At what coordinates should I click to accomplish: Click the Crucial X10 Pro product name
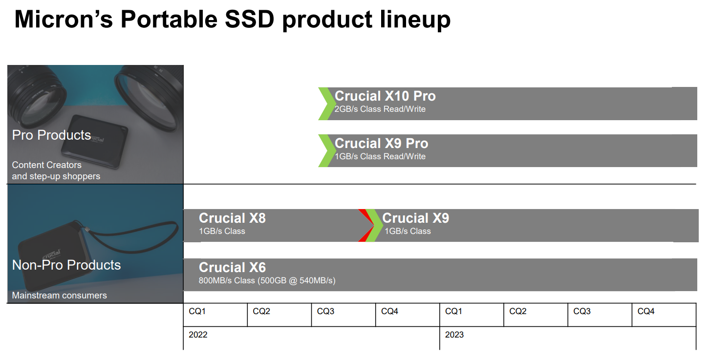coord(385,96)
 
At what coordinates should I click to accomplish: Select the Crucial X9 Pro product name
coord(382,143)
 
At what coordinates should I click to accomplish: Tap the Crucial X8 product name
coord(232,218)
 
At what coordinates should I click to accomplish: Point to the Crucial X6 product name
coord(232,267)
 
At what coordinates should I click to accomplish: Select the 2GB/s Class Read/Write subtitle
coord(380,109)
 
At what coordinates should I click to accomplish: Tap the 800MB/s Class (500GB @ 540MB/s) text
coord(267,280)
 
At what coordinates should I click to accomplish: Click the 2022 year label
coord(198,335)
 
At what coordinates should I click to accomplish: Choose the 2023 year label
coord(454,335)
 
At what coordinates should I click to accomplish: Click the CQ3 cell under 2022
coord(344,315)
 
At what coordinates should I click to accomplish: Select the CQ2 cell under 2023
coord(536,315)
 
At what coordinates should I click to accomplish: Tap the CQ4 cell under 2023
coord(664,315)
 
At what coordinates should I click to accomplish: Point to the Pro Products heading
coord(51,135)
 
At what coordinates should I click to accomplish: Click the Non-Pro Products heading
coord(66,265)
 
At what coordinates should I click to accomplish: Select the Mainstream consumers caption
coord(59,296)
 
